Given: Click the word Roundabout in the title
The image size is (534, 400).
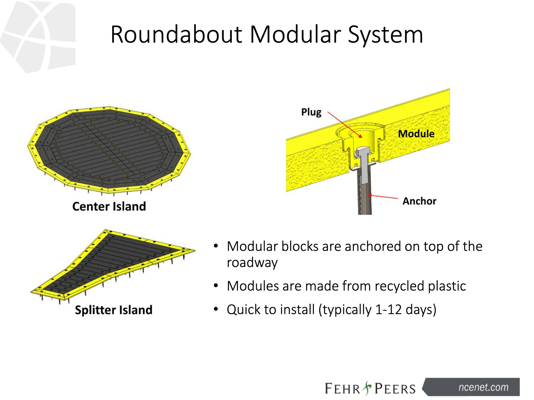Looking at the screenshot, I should pyautogui.click(x=176, y=35).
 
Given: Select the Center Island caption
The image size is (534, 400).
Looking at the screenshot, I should pyautogui.click(x=109, y=207).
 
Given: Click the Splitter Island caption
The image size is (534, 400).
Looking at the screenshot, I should pyautogui.click(x=113, y=310).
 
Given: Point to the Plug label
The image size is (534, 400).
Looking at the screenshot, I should pyautogui.click(x=311, y=112).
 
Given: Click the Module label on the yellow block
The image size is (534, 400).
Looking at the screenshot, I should pyautogui.click(x=416, y=134).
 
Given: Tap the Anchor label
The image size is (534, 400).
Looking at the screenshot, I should pyautogui.click(x=419, y=201).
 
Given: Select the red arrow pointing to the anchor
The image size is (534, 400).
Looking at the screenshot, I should pyautogui.click(x=383, y=197).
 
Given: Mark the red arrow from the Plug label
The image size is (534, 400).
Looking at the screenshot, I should pyautogui.click(x=344, y=125).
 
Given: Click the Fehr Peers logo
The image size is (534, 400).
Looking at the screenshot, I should pyautogui.click(x=370, y=388).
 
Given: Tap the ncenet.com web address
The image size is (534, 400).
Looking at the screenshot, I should pyautogui.click(x=483, y=387).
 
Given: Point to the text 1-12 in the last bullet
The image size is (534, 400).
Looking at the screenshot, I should pyautogui.click(x=388, y=309).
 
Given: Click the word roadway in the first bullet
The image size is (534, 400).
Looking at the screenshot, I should pyautogui.click(x=252, y=263).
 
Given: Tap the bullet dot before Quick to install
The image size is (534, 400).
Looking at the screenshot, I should pyautogui.click(x=216, y=309).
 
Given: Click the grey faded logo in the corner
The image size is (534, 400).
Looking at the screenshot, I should pyautogui.click(x=39, y=36).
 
